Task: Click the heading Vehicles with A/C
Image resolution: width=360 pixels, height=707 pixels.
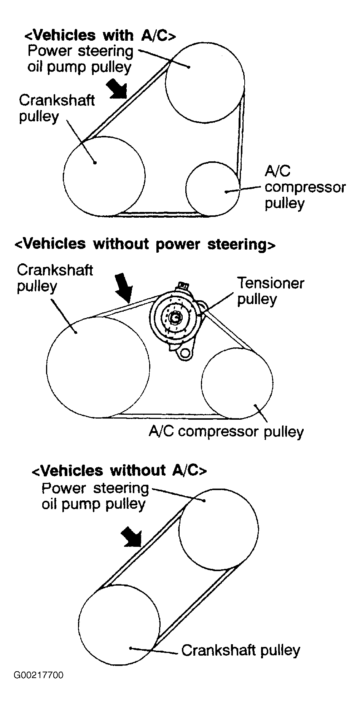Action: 100,35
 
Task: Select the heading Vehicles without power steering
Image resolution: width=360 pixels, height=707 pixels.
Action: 145,244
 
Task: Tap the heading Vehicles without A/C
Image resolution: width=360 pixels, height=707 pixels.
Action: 119,471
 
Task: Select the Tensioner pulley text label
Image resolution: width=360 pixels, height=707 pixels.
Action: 270,291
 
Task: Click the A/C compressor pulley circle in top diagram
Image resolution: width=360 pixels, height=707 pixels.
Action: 213,189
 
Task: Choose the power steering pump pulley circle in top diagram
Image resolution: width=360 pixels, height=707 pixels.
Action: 205,83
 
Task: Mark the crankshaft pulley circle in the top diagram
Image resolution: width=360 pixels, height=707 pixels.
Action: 104,176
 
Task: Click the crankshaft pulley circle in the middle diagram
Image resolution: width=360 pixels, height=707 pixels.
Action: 98,367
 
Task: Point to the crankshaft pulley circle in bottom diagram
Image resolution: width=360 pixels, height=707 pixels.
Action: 119,626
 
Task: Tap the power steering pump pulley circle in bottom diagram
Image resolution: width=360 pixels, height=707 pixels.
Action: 218,529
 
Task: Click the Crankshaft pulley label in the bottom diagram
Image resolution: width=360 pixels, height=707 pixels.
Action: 241,650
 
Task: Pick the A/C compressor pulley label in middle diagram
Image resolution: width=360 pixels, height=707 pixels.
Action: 226,432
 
